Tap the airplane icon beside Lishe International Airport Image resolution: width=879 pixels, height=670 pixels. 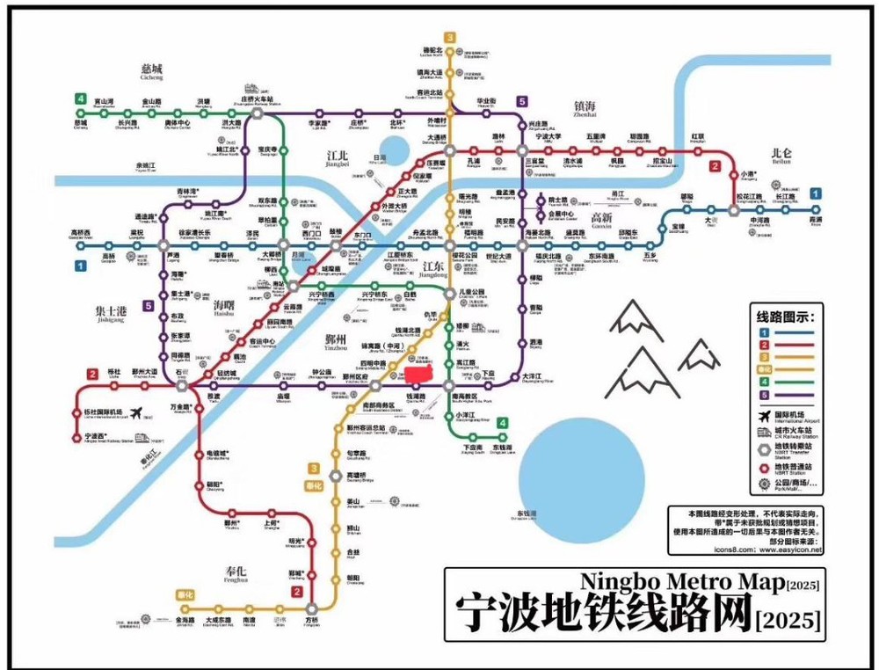135,412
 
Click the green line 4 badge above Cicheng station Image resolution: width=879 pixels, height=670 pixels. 81,99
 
